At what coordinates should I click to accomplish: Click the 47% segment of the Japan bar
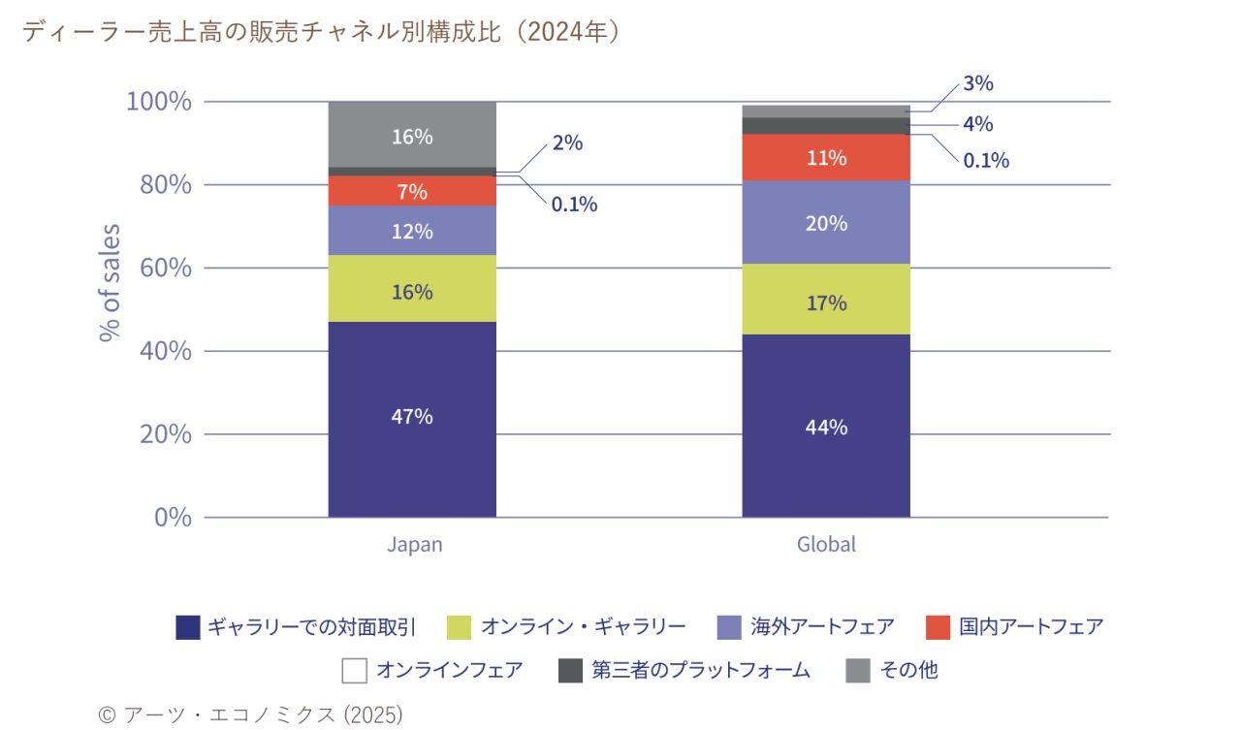point(412,419)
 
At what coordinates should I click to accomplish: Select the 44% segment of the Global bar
point(826,427)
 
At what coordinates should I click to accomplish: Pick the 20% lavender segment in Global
point(826,223)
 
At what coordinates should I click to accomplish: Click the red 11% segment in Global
point(826,158)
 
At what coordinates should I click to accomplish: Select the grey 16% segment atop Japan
point(412,135)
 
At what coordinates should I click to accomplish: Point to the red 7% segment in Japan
point(412,191)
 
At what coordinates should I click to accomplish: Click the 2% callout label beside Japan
point(567,143)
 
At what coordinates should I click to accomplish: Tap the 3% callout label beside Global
point(977,84)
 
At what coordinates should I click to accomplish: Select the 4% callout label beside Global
point(977,124)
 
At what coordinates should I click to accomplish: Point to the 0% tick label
point(173,517)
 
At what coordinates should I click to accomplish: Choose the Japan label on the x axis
point(414,544)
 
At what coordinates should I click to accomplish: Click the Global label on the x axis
point(826,544)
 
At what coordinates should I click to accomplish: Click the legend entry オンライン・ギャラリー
point(583,627)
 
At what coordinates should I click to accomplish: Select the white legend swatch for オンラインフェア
point(355,670)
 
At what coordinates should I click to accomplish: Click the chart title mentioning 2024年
point(320,32)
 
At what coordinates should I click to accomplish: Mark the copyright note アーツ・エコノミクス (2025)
point(250,714)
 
